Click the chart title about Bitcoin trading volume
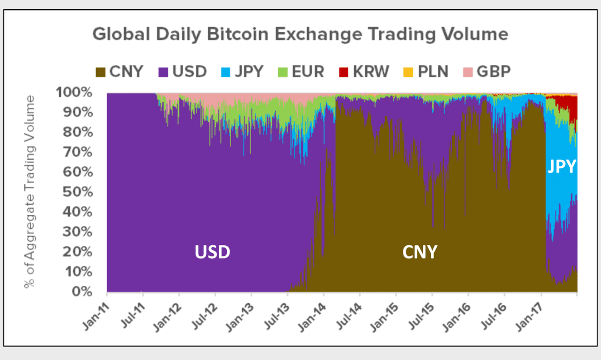300,34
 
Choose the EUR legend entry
302,71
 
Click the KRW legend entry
364,71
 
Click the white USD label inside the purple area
212,252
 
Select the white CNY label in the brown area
420,252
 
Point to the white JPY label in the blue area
562,167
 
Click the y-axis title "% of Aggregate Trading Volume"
30,192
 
